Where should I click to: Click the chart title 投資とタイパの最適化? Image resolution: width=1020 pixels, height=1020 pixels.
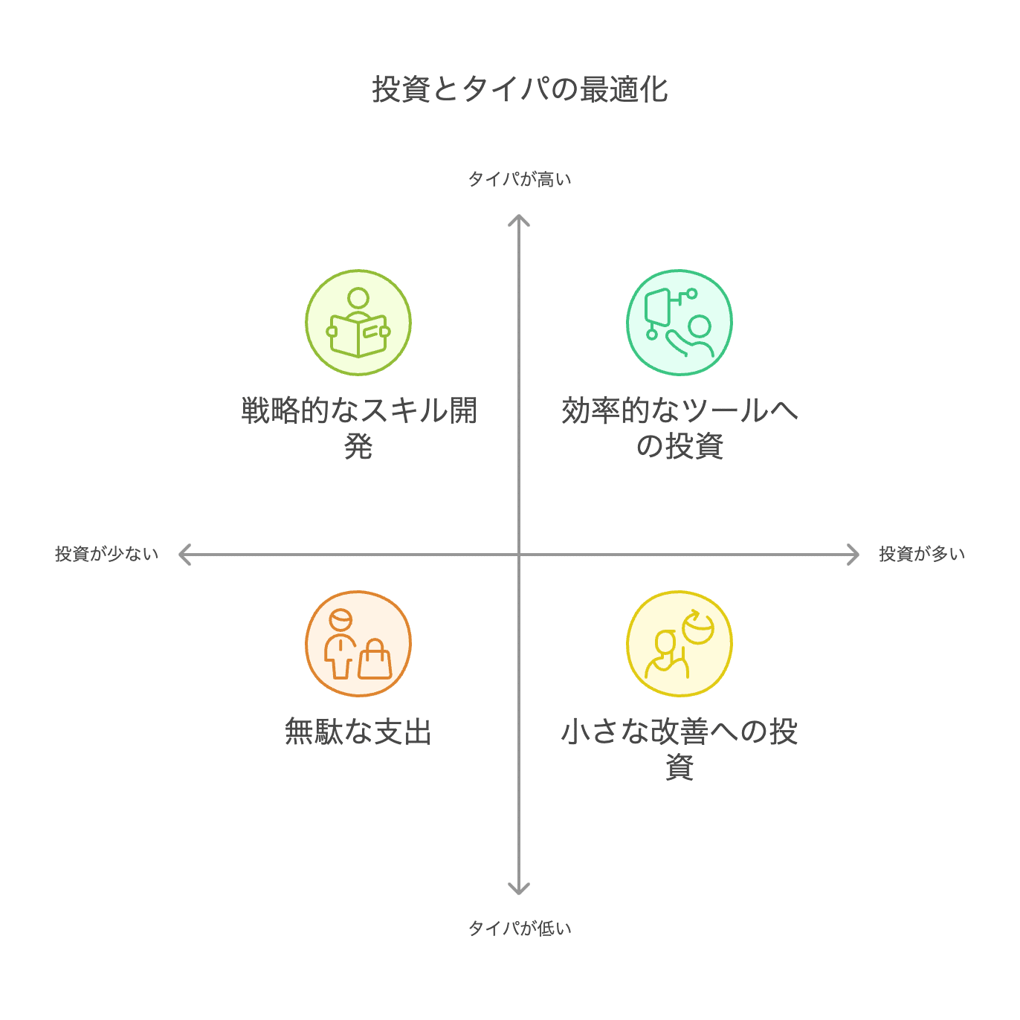[520, 89]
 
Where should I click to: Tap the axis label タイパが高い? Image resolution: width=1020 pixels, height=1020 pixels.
[519, 179]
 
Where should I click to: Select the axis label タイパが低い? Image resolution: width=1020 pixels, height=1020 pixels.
[519, 928]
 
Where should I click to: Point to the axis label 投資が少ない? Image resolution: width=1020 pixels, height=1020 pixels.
[106, 555]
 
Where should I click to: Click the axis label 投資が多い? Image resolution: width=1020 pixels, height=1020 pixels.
[921, 555]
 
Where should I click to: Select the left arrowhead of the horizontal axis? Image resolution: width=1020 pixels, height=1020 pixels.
[184, 555]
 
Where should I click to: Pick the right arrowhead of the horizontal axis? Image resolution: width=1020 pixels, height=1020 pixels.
[854, 555]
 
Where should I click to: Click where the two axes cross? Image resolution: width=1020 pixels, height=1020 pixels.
[518, 555]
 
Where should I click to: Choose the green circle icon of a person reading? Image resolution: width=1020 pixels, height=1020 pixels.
[358, 323]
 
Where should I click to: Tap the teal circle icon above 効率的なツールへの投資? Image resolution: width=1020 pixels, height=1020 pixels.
[679, 323]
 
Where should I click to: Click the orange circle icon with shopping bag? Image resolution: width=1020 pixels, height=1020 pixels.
[358, 644]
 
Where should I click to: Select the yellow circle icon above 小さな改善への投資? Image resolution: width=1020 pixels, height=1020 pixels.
[679, 644]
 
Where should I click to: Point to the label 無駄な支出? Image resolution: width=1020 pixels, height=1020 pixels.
[358, 732]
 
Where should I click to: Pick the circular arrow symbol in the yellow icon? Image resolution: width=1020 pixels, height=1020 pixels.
[698, 627]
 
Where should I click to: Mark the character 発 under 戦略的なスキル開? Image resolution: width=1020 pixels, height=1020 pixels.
[358, 447]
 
